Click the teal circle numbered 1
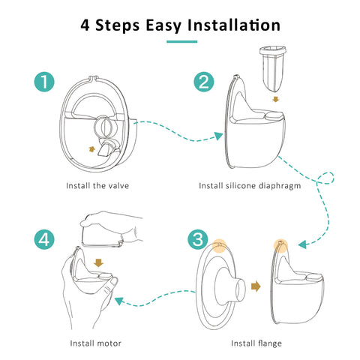[x=44, y=82]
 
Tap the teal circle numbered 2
[x=204, y=82]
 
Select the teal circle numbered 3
[x=198, y=239]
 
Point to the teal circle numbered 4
[x=44, y=239]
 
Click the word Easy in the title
[x=163, y=26]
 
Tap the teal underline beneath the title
[x=182, y=42]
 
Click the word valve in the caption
[x=118, y=186]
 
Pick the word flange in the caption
[x=269, y=343]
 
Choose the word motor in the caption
[x=109, y=343]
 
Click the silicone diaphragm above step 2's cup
[x=272, y=67]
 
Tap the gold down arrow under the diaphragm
[x=275, y=100]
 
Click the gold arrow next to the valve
[x=92, y=149]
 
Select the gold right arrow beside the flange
[x=256, y=286]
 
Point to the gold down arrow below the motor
[x=98, y=262]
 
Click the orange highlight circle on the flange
[x=219, y=246]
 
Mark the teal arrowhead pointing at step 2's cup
[x=219, y=136]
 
